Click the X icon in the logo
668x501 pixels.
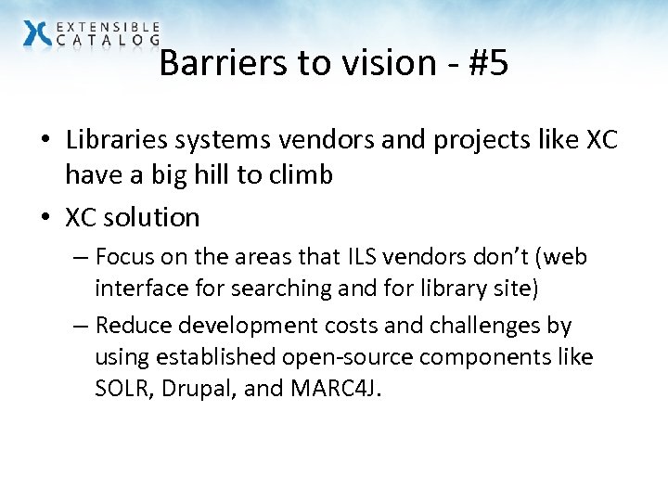(37, 32)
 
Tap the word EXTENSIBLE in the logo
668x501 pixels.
(109, 27)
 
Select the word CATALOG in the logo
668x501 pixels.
(109, 40)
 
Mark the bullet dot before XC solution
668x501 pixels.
(45, 218)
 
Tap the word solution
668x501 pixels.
(151, 217)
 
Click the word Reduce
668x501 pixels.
(131, 326)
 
